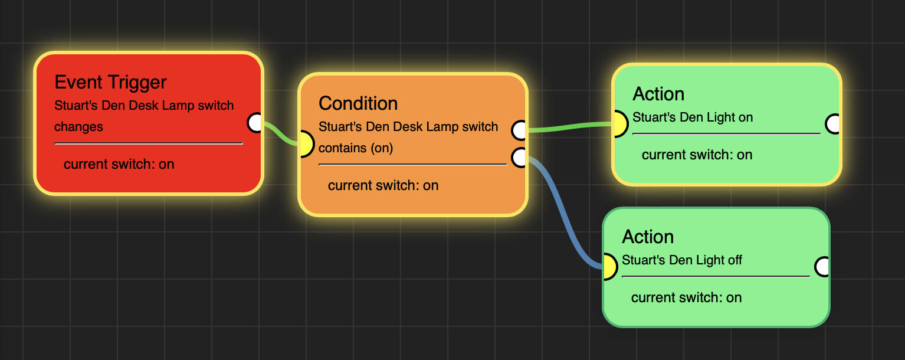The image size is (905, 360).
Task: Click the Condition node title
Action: [x=358, y=103]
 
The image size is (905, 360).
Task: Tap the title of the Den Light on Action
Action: [x=658, y=94]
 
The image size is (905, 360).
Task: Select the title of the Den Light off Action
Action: [x=648, y=237]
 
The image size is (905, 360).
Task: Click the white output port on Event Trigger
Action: [x=255, y=123]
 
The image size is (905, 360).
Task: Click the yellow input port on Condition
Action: [x=304, y=144]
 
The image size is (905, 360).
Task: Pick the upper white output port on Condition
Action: [x=520, y=130]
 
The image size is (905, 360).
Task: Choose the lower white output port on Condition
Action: [x=520, y=158]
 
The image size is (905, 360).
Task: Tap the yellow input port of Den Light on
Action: [x=618, y=124]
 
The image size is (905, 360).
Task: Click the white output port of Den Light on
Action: [x=833, y=124]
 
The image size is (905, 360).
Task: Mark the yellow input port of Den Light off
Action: [x=608, y=267]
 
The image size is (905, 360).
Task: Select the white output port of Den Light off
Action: [x=822, y=267]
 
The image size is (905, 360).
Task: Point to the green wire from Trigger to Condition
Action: [x=279, y=134]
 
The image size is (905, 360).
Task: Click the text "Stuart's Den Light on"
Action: [x=693, y=117]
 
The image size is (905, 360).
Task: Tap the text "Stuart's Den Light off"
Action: [x=682, y=260]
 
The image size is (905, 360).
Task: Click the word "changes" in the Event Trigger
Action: [x=78, y=127]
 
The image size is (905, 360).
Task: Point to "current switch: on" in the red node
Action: [x=119, y=164]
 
